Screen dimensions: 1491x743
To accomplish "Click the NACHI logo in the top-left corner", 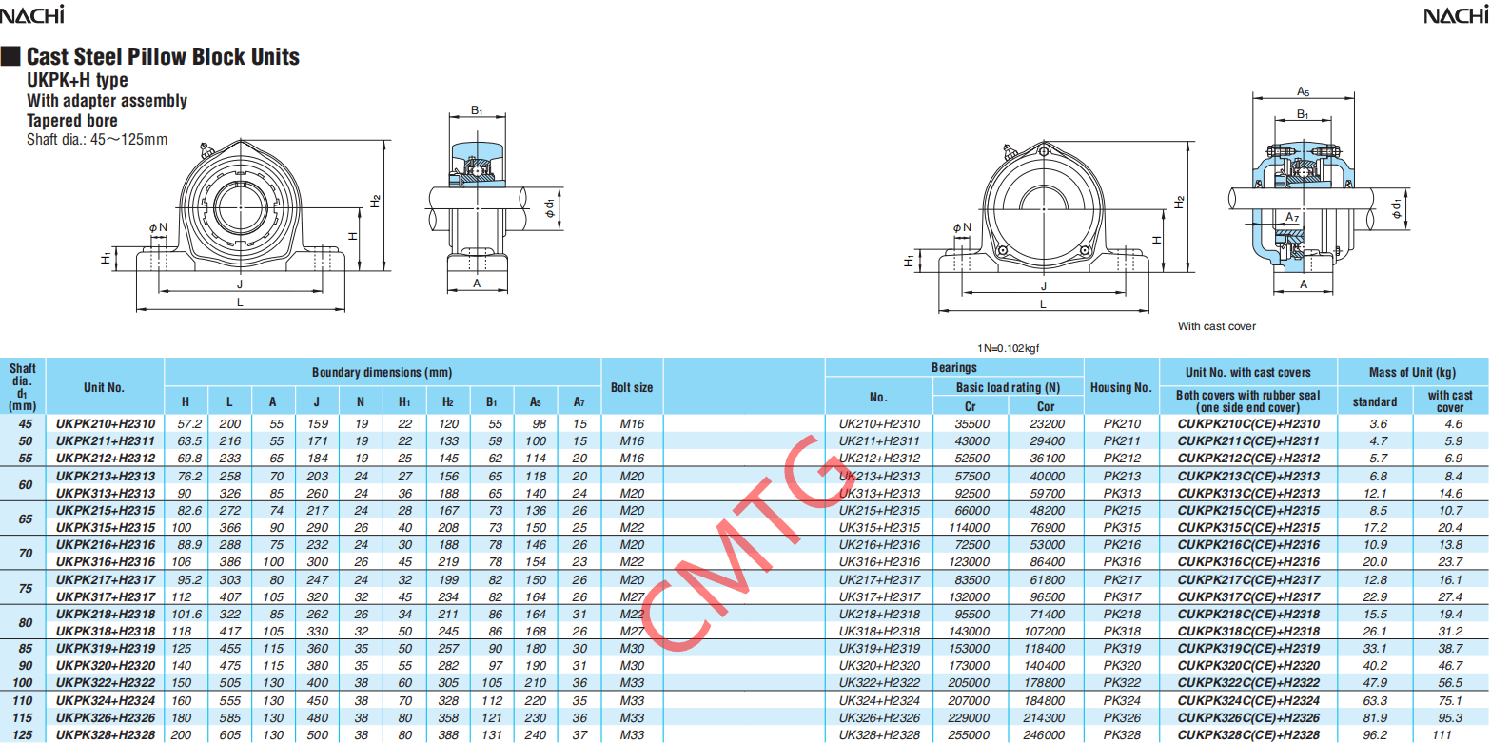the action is (32, 14).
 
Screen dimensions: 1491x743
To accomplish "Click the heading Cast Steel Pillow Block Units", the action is (163, 56).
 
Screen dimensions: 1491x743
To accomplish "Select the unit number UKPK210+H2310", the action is (106, 424).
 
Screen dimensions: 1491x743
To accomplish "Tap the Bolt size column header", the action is (632, 387).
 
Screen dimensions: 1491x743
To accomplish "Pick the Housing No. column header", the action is (1121, 387).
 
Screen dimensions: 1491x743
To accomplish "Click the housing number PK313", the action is (1122, 494).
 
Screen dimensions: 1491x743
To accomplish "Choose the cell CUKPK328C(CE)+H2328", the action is (1248, 735).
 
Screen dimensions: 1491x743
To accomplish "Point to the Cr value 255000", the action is (970, 735).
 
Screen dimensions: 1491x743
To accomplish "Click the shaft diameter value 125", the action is (23, 735).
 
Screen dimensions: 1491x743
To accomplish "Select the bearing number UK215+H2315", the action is (879, 511).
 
